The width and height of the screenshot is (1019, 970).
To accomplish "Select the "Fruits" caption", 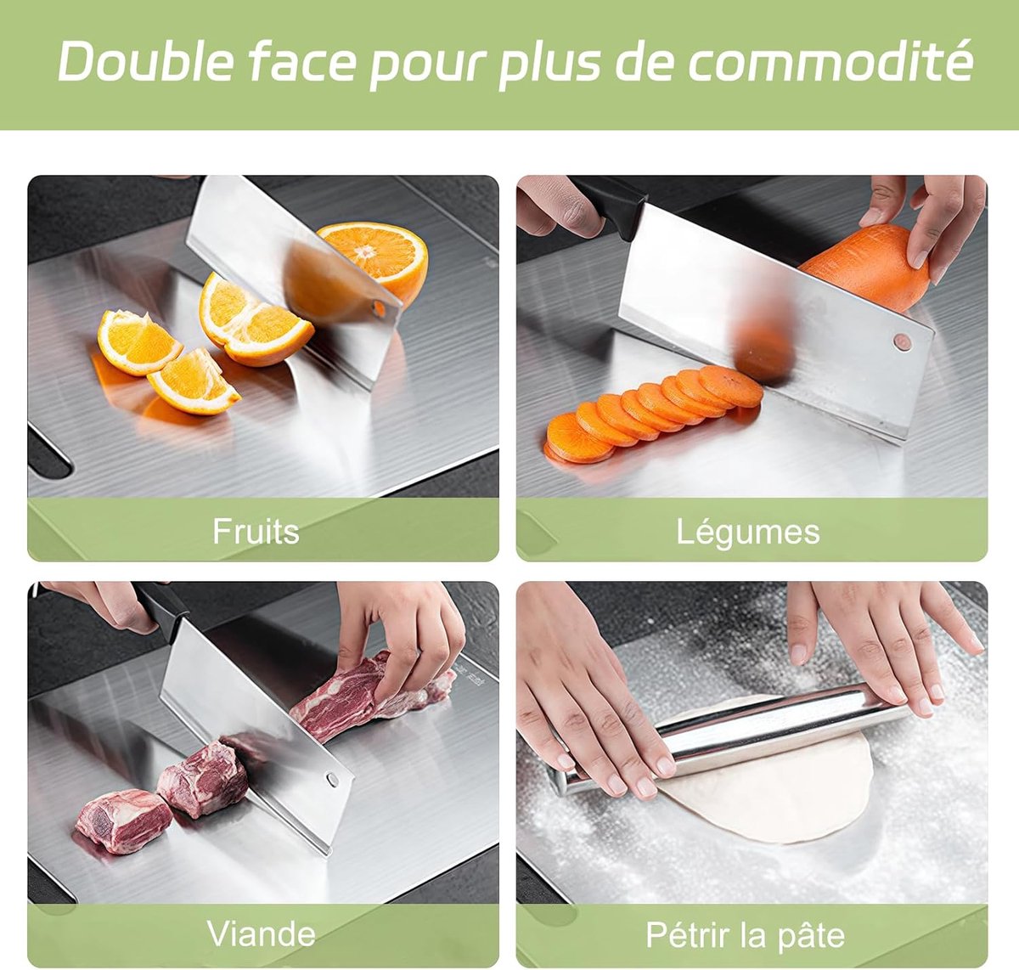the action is [x=256, y=532].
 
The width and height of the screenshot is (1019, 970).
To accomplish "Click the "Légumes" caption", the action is [x=748, y=533].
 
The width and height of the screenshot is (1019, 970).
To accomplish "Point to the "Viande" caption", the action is [x=262, y=933].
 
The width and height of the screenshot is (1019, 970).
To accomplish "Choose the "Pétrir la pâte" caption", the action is [x=746, y=934].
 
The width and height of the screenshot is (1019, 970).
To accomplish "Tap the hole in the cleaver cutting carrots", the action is [x=903, y=341].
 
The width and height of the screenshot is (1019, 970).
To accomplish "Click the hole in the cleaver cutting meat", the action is [x=332, y=779].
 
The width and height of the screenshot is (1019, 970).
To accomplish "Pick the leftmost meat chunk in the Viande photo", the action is [x=123, y=821].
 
